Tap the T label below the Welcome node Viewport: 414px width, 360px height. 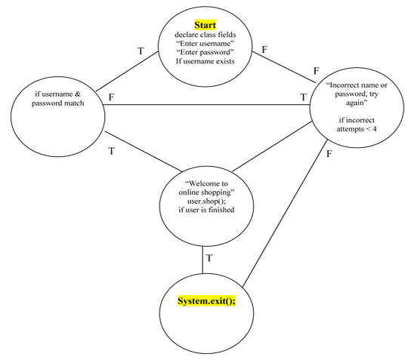pyautogui.click(x=209, y=259)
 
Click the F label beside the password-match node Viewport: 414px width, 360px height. pyautogui.click(x=111, y=97)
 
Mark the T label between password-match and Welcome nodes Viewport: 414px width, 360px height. pyautogui.click(x=112, y=151)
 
